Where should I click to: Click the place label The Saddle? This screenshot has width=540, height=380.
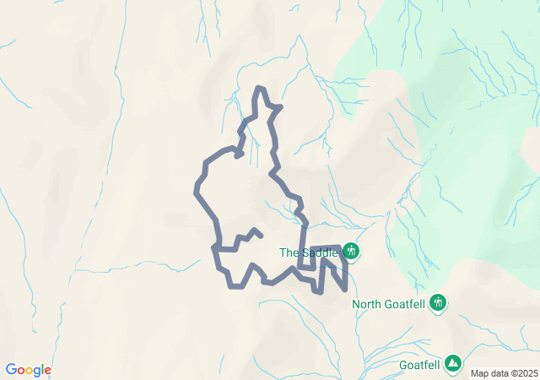(x=309, y=252)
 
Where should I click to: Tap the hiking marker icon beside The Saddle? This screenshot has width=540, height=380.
(x=351, y=252)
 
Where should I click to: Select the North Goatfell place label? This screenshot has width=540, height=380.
(x=388, y=305)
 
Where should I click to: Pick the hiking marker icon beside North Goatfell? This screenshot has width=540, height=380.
(x=437, y=302)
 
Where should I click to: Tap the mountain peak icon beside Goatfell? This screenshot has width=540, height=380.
(x=454, y=363)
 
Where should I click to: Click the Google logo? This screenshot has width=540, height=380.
(x=29, y=370)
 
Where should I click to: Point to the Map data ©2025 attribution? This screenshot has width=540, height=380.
(x=503, y=373)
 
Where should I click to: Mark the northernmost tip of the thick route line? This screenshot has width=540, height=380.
(x=261, y=88)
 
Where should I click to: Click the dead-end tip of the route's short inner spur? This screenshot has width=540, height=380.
(x=260, y=234)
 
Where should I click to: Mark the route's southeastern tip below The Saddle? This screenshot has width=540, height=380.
(x=346, y=290)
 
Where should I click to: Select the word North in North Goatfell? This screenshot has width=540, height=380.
(x=367, y=305)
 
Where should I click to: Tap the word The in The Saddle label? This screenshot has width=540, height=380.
(x=289, y=252)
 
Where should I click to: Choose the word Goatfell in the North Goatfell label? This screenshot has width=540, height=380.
(x=404, y=305)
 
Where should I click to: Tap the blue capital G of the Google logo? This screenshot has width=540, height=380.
(x=11, y=370)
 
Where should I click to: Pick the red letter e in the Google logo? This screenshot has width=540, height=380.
(x=47, y=371)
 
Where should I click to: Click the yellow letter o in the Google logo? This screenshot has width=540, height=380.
(x=30, y=371)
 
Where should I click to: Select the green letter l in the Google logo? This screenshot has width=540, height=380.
(x=42, y=370)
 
